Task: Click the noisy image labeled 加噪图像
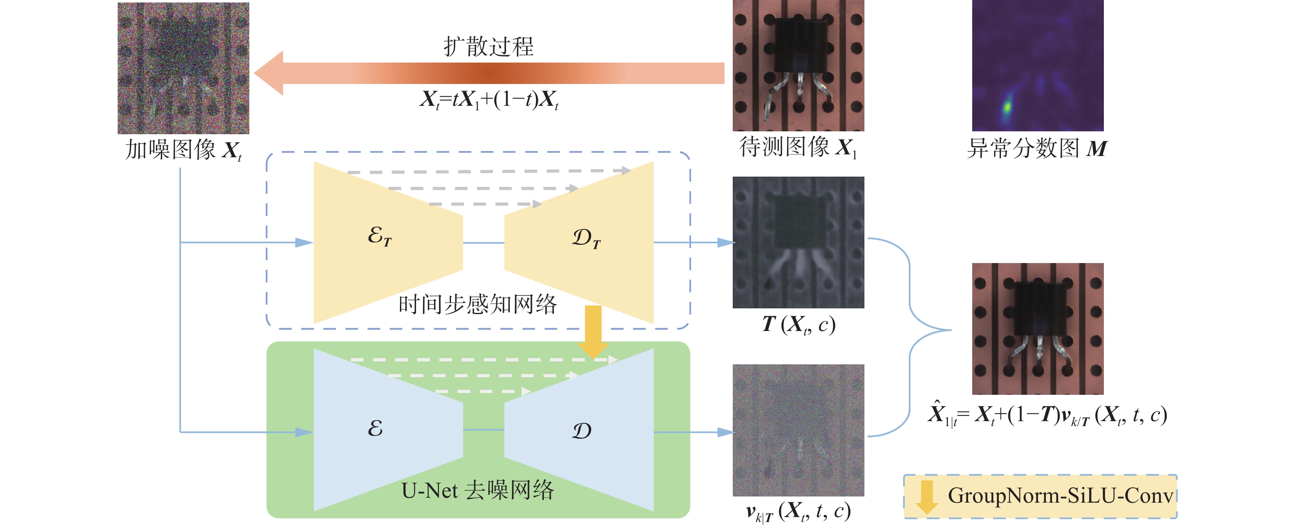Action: (x=183, y=68)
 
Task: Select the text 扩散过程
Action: (x=488, y=46)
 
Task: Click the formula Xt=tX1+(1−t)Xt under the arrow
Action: (x=489, y=100)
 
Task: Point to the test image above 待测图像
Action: (x=798, y=65)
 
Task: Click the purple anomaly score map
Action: (x=1037, y=65)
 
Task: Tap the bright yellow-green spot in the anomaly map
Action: (x=1007, y=107)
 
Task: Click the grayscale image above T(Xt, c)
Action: (x=798, y=242)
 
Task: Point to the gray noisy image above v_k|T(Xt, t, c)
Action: (x=798, y=430)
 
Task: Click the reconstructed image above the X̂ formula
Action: (x=1037, y=328)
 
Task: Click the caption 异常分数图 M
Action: (x=1037, y=149)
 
